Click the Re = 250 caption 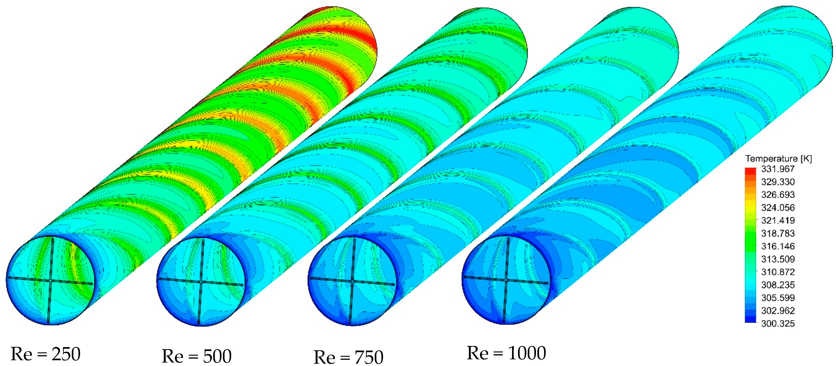point(45,354)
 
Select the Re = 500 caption point(197,356)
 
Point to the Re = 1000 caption point(506,353)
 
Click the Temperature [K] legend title point(778,159)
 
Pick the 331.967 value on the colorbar point(778,169)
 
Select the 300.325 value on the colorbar point(778,324)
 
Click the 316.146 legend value point(778,246)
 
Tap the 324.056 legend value point(778,208)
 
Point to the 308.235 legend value point(778,285)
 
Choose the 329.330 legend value point(778,182)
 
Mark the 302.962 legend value point(778,310)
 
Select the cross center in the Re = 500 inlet point(201,282)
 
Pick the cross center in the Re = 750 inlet point(352,281)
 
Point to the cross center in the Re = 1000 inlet point(506,280)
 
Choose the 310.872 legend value point(778,272)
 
